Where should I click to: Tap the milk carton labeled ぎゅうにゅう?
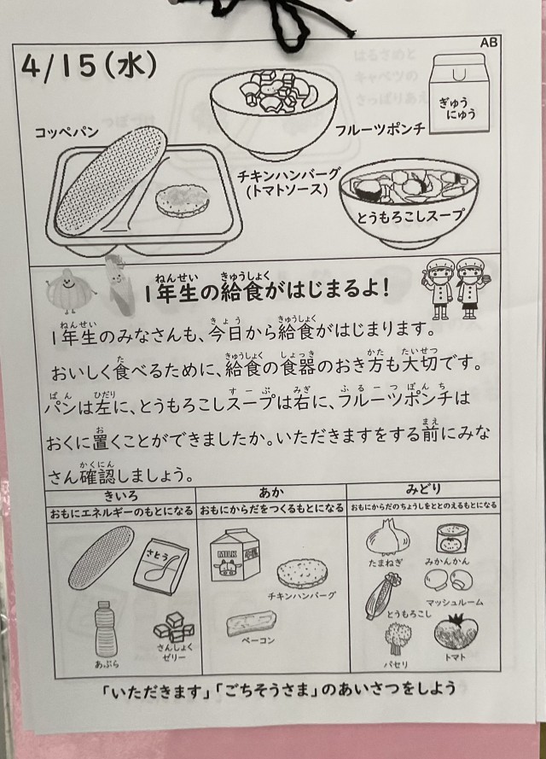pos(459,93)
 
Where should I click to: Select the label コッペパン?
pos(67,131)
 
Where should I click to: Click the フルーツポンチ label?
pos(380,129)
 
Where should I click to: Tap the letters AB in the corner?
pos(489,43)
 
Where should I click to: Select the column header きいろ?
pos(121,495)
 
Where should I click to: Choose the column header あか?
pos(270,493)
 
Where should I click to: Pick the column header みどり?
pos(423,489)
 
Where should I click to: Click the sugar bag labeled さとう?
pos(161,566)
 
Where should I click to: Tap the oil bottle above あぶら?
pos(103,629)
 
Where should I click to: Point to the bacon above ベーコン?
pos(252,623)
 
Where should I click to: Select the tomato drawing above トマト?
pos(456,632)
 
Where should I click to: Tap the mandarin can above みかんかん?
pos(447,539)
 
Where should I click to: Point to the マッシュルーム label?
pos(454,602)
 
